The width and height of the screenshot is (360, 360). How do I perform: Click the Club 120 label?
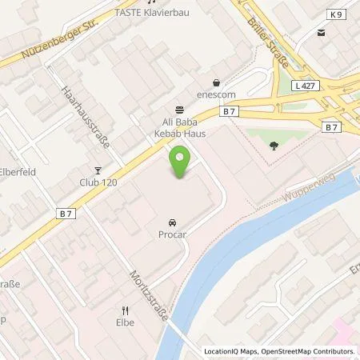click(x=98, y=182)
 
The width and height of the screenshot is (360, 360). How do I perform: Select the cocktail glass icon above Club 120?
click(x=98, y=170)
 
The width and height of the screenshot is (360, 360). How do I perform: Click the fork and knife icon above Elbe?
click(x=125, y=311)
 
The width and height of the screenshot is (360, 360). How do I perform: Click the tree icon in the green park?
click(x=274, y=146)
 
